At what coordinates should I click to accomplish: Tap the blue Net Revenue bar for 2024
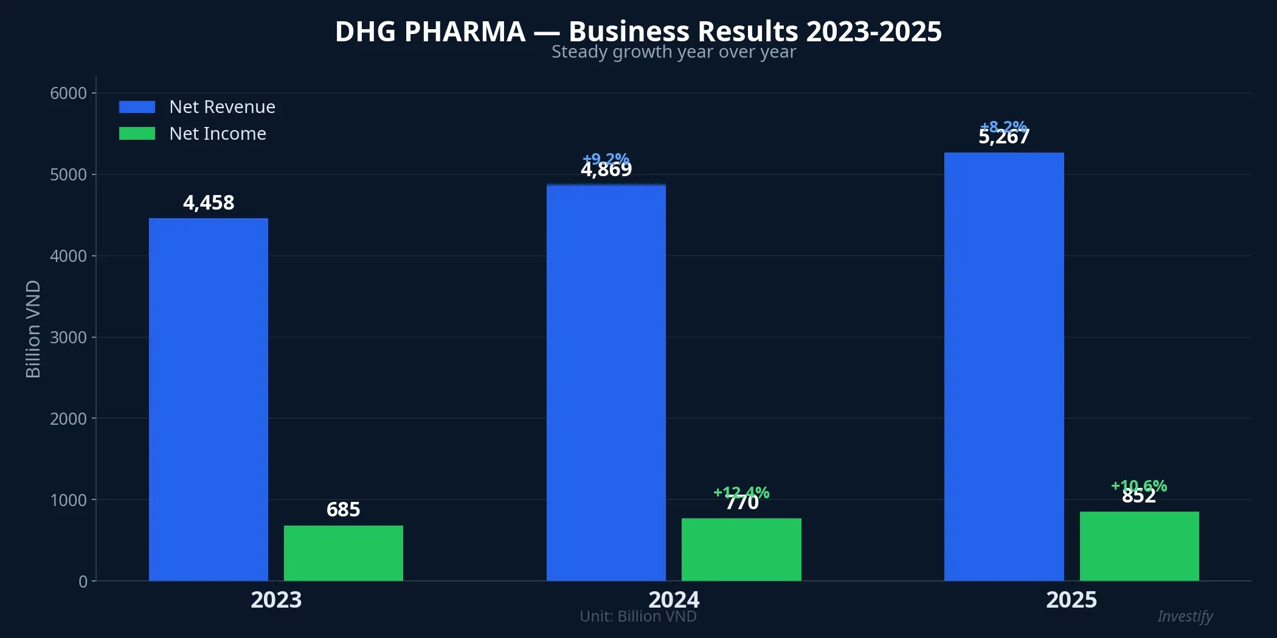(606, 383)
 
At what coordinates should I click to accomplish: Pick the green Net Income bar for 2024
(741, 549)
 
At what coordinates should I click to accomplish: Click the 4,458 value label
(209, 202)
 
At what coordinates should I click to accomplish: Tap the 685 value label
(343, 509)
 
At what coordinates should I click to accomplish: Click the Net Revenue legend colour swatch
(137, 107)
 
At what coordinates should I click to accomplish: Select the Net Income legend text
(218, 134)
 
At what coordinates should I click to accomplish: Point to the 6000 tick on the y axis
(68, 93)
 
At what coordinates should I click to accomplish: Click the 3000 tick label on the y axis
(68, 337)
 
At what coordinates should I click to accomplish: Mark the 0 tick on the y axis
(83, 581)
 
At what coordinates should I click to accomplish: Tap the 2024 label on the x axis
(674, 600)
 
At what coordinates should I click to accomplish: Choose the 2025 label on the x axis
(1071, 600)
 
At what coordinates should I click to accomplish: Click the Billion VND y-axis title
(33, 329)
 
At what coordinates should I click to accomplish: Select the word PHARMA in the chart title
(465, 32)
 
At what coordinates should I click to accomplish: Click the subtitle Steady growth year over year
(673, 52)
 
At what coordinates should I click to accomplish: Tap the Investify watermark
(1185, 616)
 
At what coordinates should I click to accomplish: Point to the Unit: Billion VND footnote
(638, 616)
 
